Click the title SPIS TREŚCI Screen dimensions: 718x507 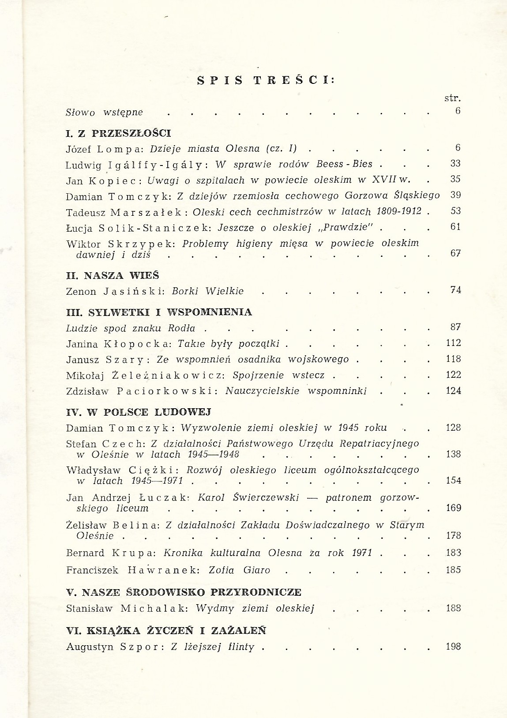coord(266,80)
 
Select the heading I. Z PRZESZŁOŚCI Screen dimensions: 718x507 coord(118,133)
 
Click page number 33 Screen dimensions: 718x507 coord(455,163)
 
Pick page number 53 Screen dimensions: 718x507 coord(455,211)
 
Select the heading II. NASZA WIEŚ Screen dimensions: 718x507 coord(113,275)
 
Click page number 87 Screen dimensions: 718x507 coord(455,327)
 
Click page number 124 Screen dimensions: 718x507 coord(453,391)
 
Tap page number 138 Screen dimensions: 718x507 coord(453,454)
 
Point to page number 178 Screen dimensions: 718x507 coord(453,536)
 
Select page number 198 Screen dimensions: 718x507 coord(453,647)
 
